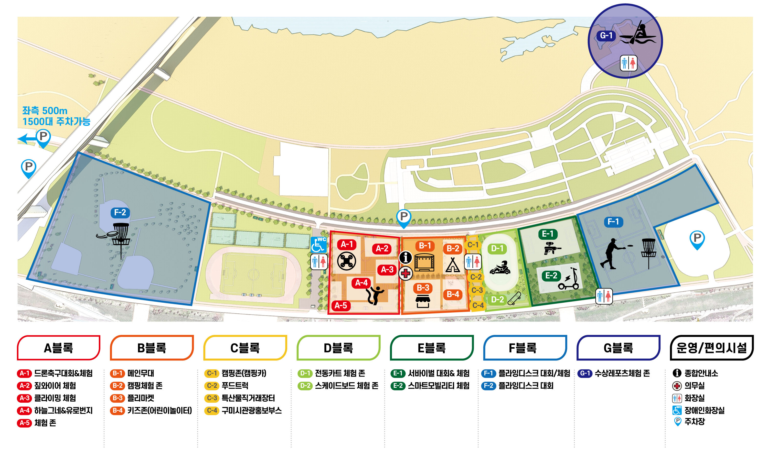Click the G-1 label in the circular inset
606,36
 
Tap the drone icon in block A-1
346,261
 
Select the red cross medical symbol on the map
405,273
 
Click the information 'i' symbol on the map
405,257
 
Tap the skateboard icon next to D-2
514,299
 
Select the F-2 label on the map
120,213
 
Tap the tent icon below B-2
452,265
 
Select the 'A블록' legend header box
58,347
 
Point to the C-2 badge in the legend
212,386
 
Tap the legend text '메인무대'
141,373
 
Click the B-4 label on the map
452,294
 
